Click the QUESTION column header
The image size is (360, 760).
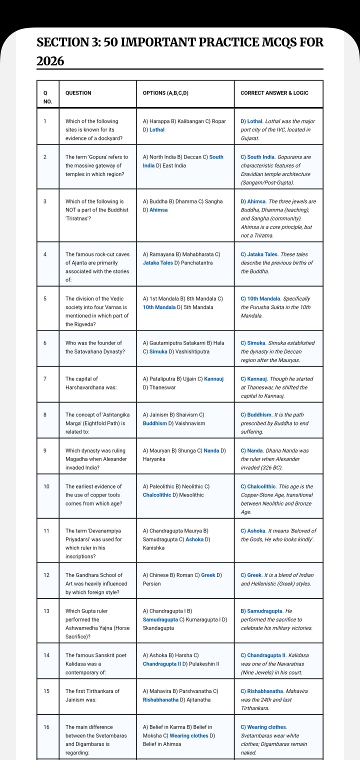[78, 93]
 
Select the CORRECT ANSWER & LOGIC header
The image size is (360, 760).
[274, 93]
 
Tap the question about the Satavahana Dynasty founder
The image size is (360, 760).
[94, 347]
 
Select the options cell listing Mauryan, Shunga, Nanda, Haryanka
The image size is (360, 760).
[184, 454]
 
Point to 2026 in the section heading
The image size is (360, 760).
[50, 61]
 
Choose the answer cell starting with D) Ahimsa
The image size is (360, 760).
[278, 218]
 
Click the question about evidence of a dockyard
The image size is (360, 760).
[94, 129]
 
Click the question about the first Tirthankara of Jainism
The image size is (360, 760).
[92, 695]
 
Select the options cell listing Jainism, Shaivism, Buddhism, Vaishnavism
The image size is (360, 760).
[173, 419]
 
